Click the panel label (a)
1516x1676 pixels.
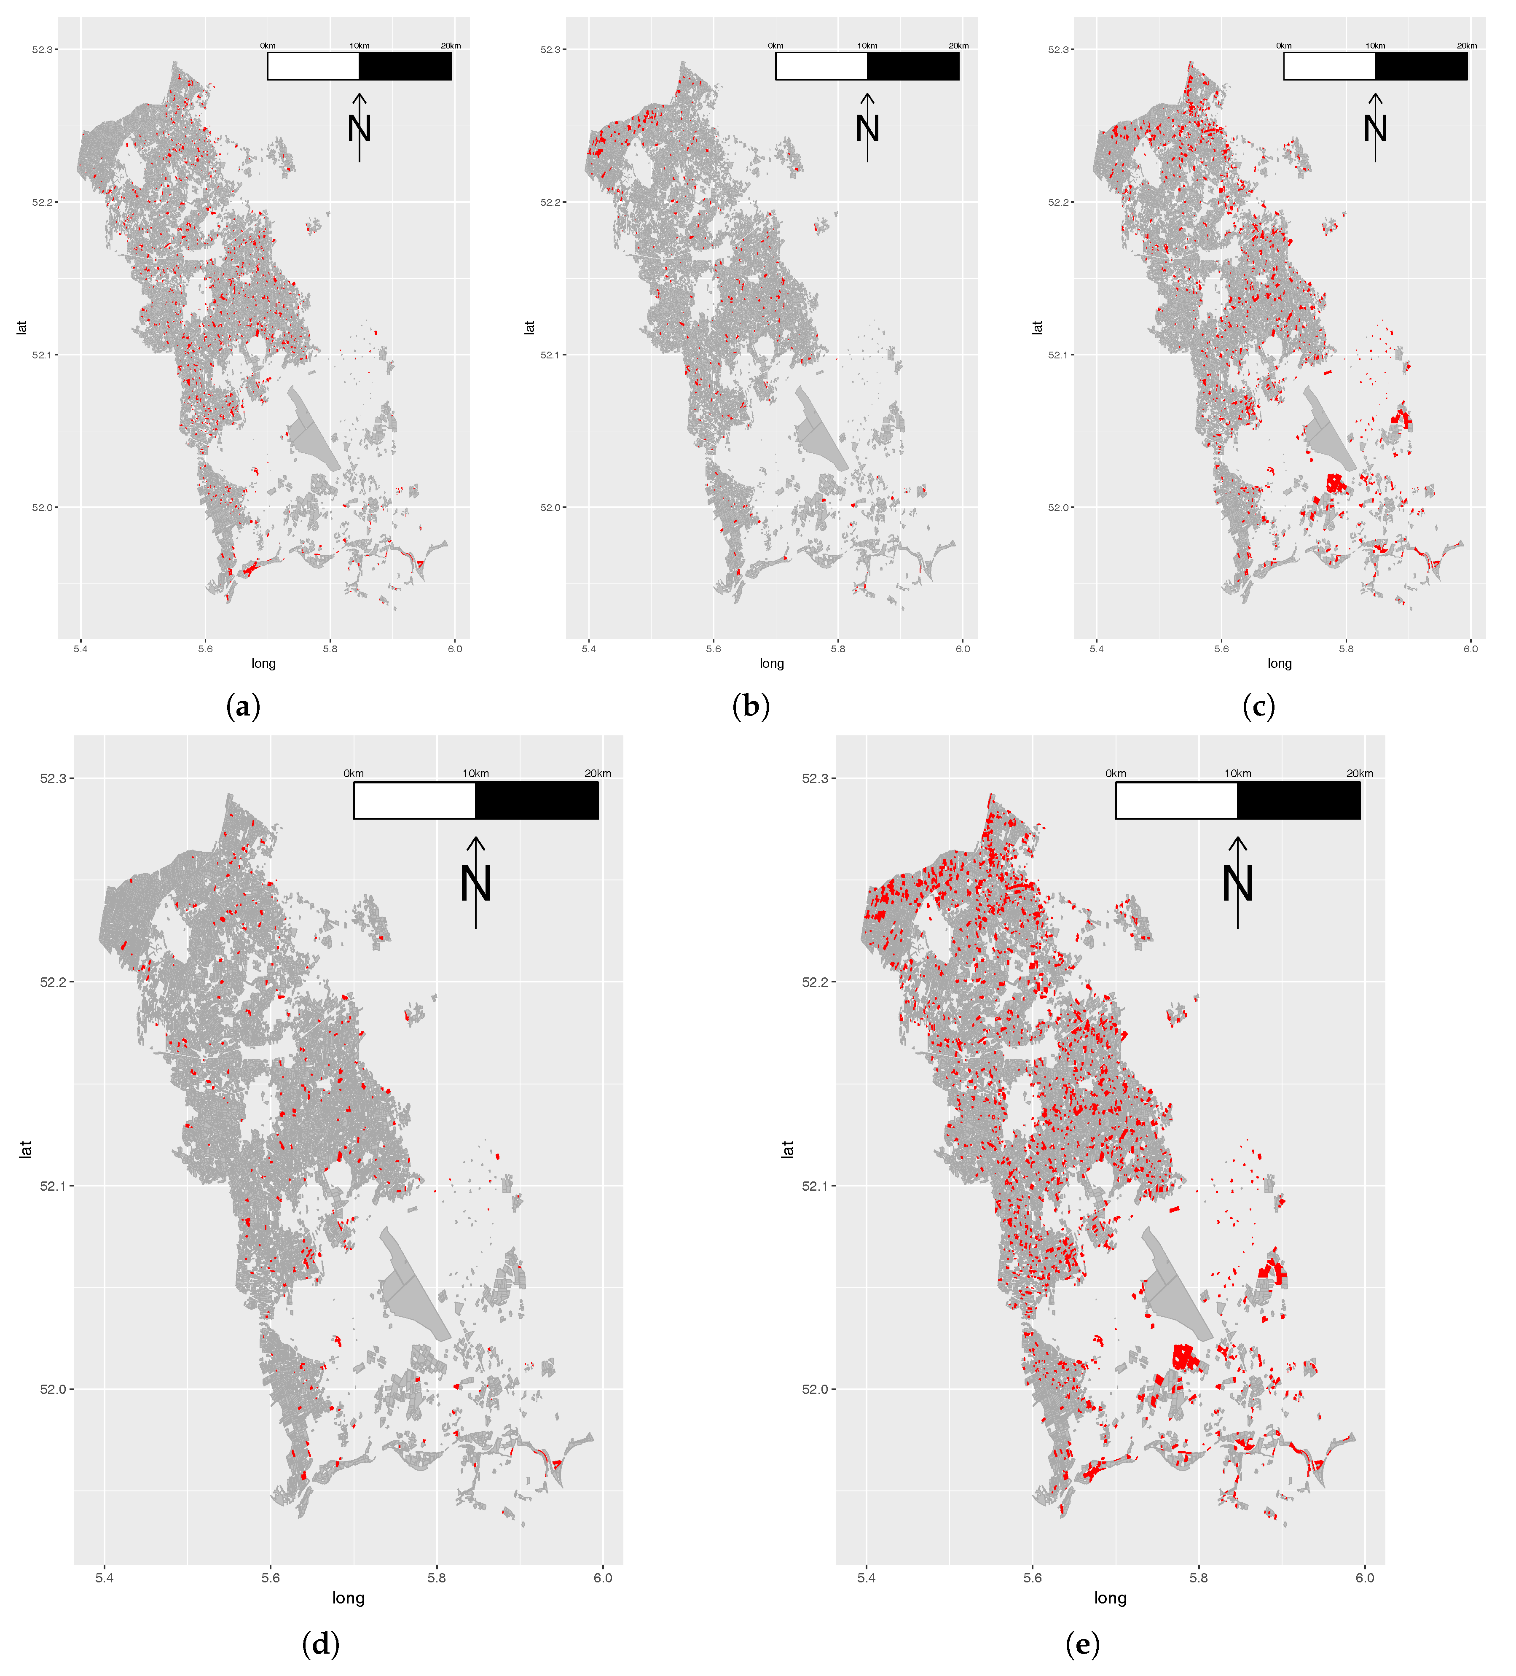(243, 708)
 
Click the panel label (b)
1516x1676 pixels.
(751, 708)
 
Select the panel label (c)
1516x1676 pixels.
(1258, 708)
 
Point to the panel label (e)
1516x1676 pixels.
(1082, 1644)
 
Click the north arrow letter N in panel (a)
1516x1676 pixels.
(359, 129)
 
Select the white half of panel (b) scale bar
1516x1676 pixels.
(821, 67)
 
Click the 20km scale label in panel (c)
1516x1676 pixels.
(1467, 46)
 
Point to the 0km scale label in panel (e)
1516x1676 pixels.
(1115, 773)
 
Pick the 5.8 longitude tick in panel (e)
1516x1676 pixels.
(1199, 1577)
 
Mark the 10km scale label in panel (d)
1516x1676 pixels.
(475, 773)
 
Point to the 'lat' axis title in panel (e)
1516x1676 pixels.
(787, 1149)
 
